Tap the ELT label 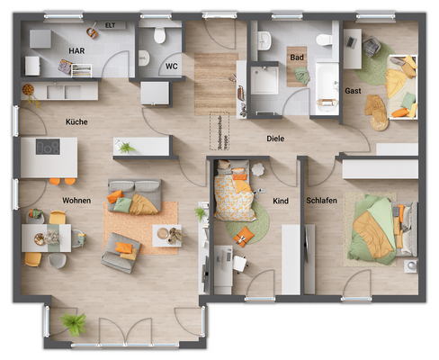[110, 26]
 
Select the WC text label [172, 66]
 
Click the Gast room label [354, 91]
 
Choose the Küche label [76, 121]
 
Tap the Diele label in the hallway [275, 139]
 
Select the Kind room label [281, 201]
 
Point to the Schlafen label [321, 201]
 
